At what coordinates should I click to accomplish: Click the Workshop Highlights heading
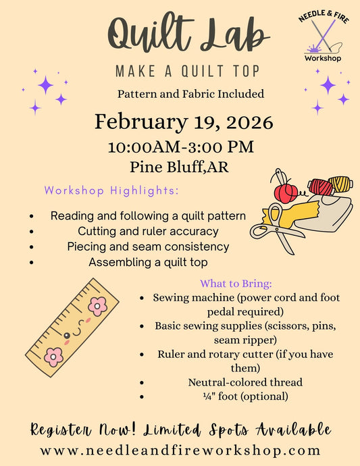(x=111, y=191)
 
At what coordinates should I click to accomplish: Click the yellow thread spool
(x=340, y=184)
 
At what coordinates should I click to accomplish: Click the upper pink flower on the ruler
(x=97, y=306)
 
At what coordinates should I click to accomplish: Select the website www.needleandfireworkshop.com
(x=180, y=449)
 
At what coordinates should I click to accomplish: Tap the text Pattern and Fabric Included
(x=180, y=94)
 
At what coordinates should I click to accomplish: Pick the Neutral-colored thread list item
(x=245, y=382)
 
